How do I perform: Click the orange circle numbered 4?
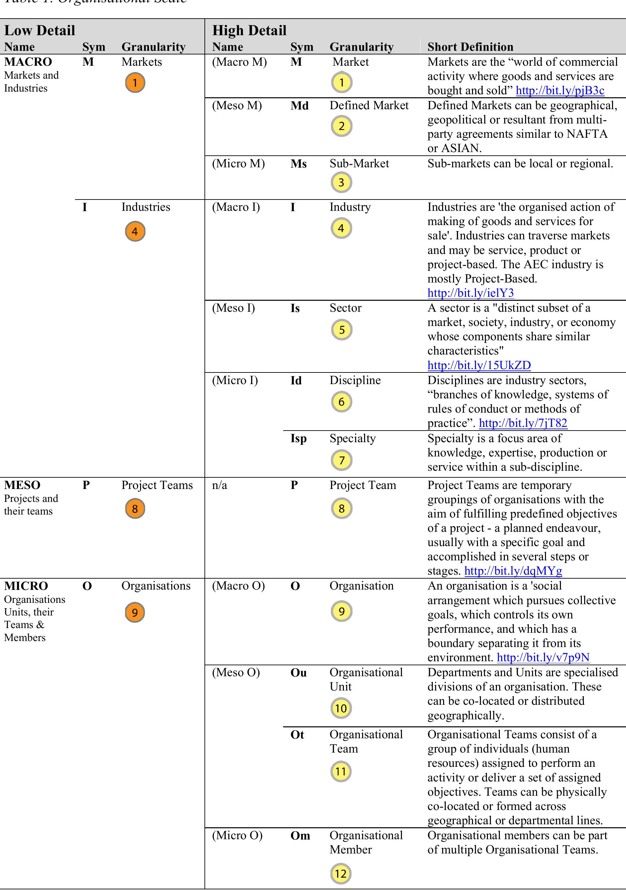(135, 231)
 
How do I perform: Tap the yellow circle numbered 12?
(341, 873)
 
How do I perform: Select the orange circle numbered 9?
(135, 612)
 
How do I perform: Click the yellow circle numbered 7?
(342, 460)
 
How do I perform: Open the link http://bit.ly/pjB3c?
(560, 90)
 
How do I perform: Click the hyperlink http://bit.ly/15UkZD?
(479, 365)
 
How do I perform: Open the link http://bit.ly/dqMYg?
(513, 571)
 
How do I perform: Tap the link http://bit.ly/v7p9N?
(543, 657)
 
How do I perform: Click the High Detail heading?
(249, 30)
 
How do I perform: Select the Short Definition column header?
(470, 47)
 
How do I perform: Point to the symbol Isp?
(298, 439)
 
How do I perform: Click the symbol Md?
(299, 106)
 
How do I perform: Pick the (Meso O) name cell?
(236, 672)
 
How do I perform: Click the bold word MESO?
(22, 485)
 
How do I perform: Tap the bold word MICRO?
(26, 586)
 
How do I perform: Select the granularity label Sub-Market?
(359, 163)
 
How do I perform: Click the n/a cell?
(219, 485)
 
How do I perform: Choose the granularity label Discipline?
(355, 380)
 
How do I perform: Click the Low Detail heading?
(39, 30)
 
